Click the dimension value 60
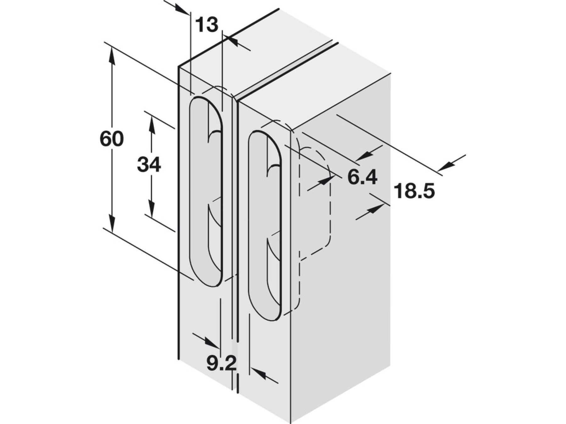(x=112, y=139)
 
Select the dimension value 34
(x=149, y=164)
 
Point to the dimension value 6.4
(x=362, y=177)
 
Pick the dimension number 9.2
(x=221, y=363)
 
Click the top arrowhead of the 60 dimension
(x=111, y=57)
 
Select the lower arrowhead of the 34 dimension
(x=152, y=209)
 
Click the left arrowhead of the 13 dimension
(x=182, y=9)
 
